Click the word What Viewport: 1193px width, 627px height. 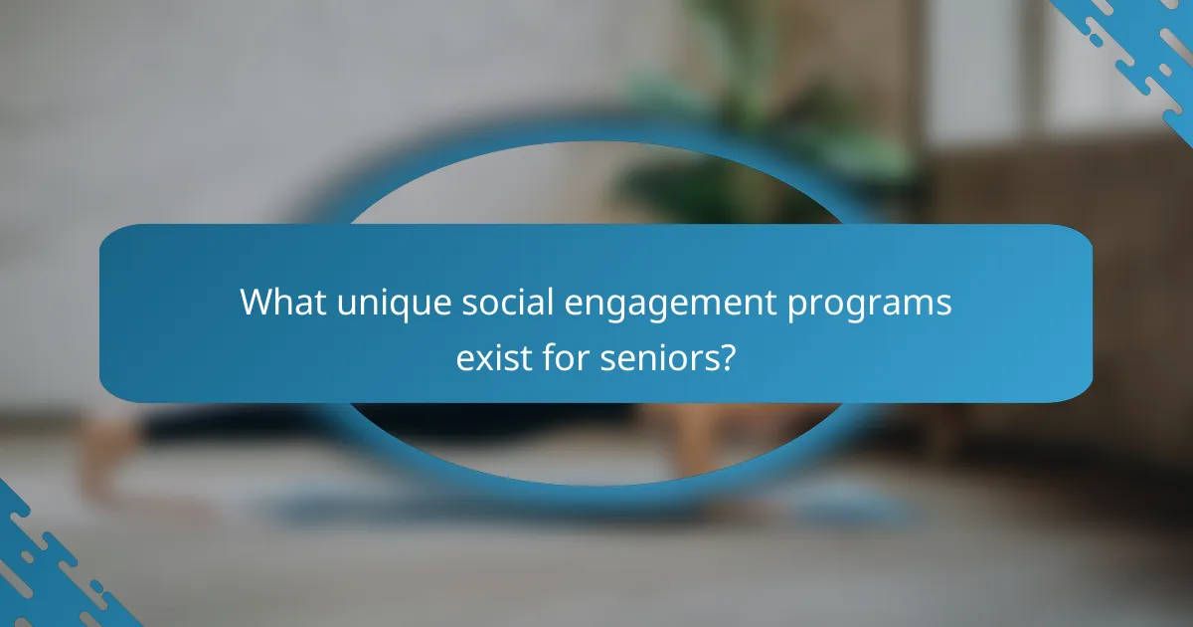[x=280, y=304]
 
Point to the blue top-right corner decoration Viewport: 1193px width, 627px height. [x=1143, y=40]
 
